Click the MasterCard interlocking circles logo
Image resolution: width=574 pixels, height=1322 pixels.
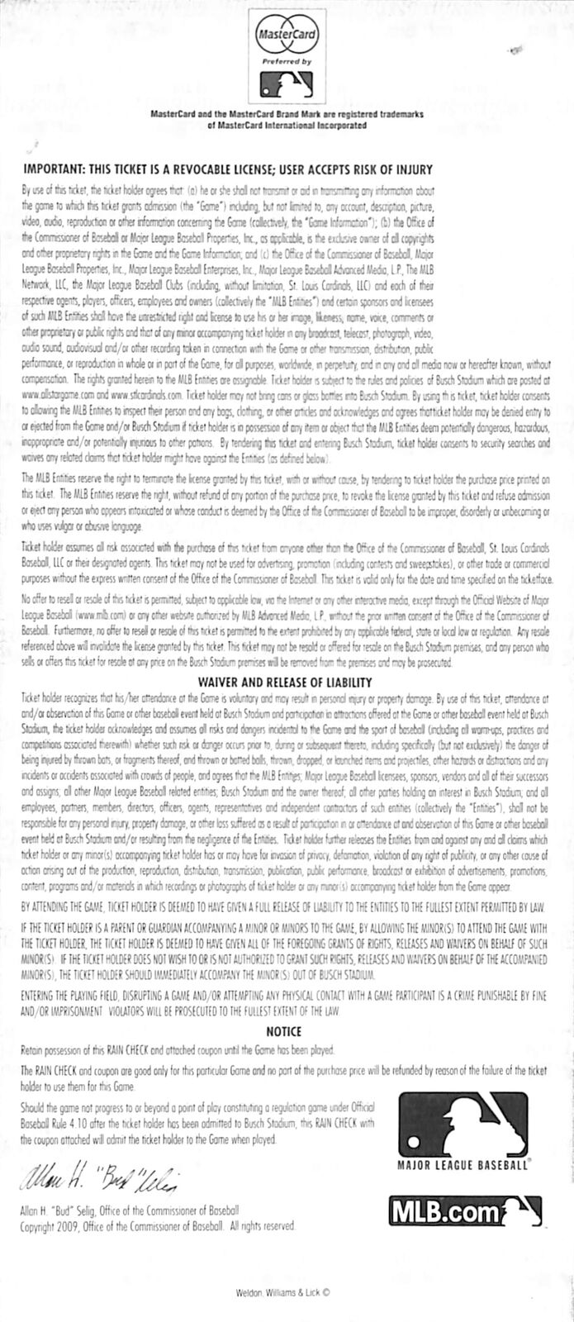click(287, 38)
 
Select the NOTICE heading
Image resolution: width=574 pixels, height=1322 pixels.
click(287, 1030)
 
